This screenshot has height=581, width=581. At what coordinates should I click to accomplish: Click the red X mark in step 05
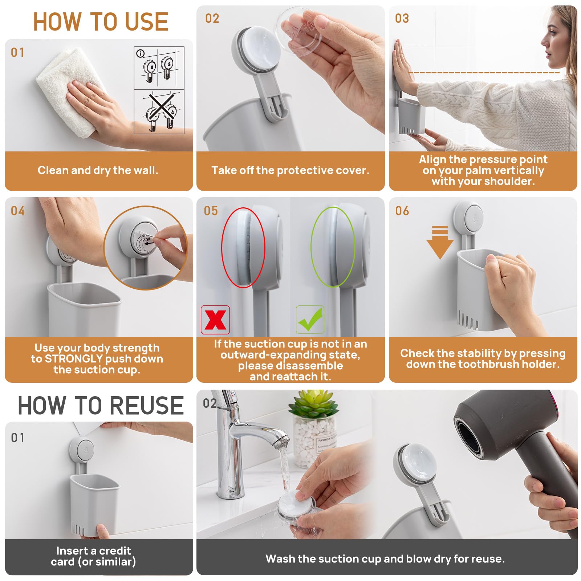[x=215, y=320]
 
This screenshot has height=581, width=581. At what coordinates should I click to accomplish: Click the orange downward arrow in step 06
[x=440, y=242]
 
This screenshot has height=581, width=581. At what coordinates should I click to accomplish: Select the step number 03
[x=402, y=19]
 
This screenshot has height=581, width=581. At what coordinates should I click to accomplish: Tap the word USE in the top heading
[x=147, y=21]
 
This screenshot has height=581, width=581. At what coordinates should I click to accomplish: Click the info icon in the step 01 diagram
[x=140, y=53]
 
